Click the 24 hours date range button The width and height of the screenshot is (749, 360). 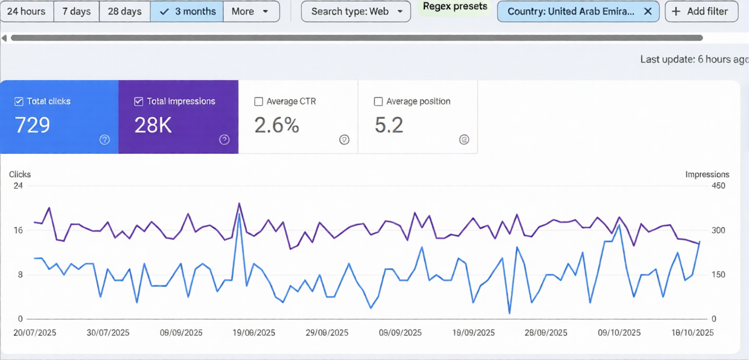26,11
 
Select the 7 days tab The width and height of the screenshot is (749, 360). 76,11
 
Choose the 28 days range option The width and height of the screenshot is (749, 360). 124,11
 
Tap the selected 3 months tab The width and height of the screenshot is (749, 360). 187,11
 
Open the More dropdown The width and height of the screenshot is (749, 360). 251,11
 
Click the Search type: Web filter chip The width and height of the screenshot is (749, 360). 356,11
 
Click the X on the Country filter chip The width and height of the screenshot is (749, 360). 648,11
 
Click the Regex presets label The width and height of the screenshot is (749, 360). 455,6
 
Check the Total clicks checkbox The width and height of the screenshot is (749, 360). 19,102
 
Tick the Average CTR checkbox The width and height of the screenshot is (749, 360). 258,102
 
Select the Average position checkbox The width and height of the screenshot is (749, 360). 378,102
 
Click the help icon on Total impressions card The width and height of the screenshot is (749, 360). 224,140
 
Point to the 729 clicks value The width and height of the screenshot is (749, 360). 32,125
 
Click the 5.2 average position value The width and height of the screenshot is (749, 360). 389,125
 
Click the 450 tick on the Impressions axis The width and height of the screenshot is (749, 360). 718,186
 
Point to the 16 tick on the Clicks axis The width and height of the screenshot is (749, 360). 18,230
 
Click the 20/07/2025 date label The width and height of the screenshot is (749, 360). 35,333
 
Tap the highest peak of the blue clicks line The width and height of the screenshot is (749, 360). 239,213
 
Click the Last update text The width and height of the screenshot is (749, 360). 694,59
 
